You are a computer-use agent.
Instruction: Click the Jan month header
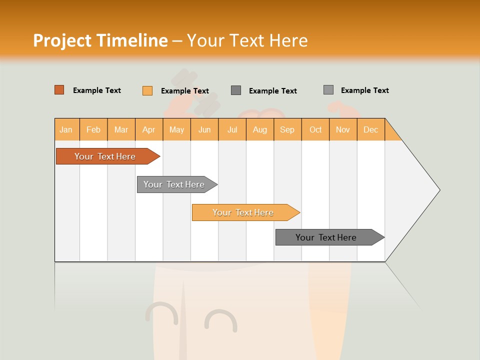click(x=66, y=129)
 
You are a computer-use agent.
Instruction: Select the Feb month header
click(x=93, y=129)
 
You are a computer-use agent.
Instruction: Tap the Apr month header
click(x=148, y=129)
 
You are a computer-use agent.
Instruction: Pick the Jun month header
click(x=204, y=129)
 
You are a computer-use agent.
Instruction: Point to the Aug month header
click(x=260, y=129)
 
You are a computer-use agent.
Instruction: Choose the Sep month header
click(x=287, y=129)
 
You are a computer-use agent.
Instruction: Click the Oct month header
click(x=315, y=129)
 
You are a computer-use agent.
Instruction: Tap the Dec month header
click(x=370, y=129)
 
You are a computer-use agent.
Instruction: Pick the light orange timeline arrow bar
click(x=244, y=212)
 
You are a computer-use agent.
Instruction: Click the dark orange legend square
click(x=59, y=90)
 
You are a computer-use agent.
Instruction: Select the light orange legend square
click(x=147, y=90)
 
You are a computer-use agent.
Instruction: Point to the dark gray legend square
click(x=236, y=90)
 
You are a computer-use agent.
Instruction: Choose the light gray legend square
click(x=328, y=90)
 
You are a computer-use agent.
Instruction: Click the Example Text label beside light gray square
click(x=364, y=90)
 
